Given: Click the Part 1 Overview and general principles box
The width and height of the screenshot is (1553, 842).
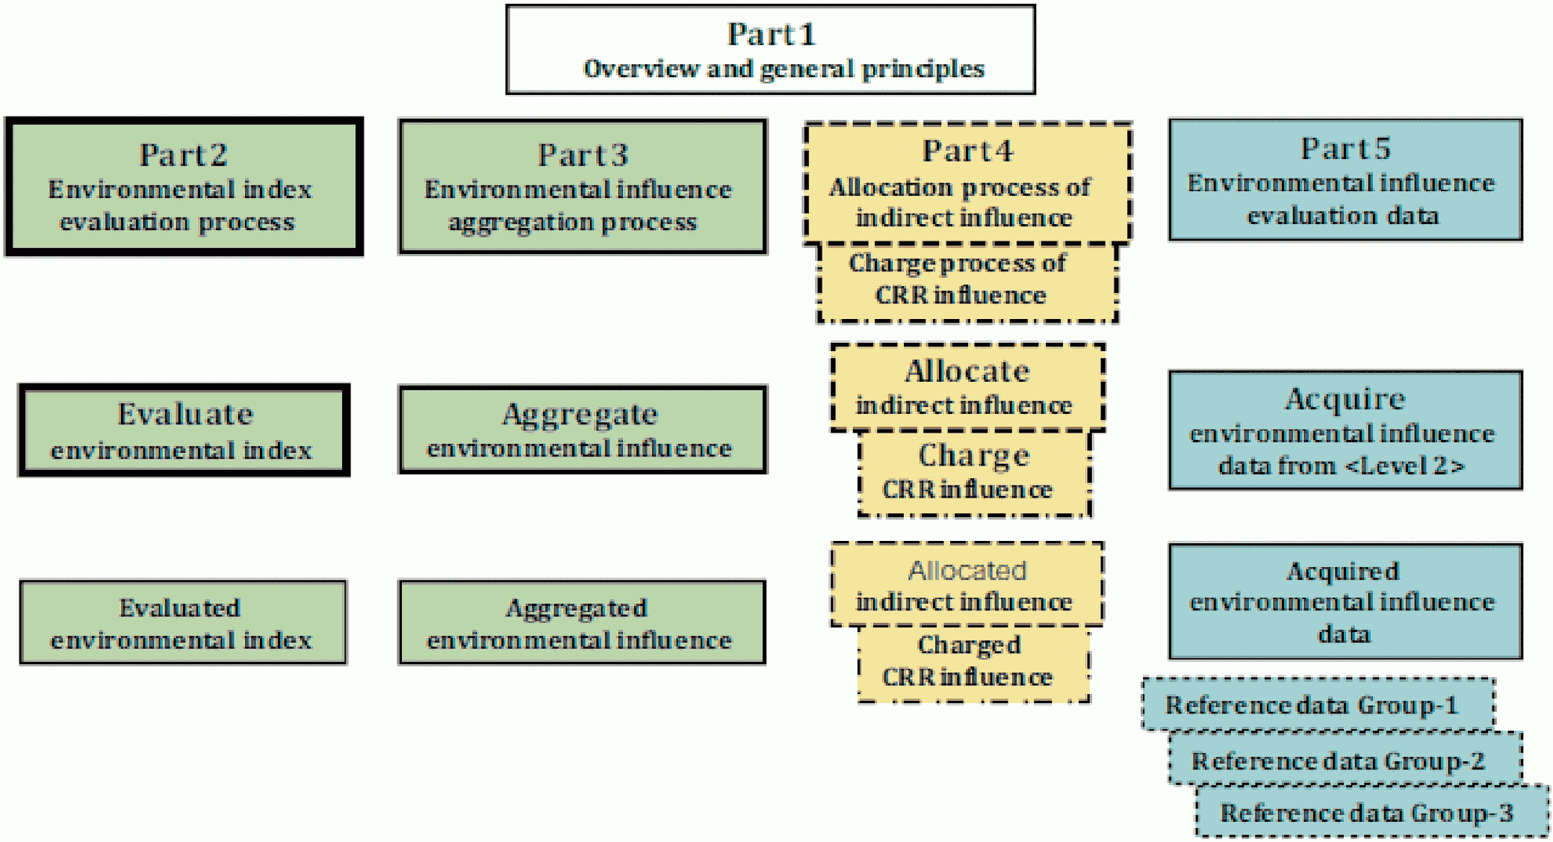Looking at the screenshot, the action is pyautogui.click(x=770, y=49).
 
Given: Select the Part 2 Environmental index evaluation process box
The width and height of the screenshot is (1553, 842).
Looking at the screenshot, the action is pyautogui.click(x=185, y=187).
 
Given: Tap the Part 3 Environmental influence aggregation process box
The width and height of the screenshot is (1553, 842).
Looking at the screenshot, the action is pyautogui.click(x=583, y=187).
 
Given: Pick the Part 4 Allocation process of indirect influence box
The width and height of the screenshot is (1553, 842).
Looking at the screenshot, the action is pyautogui.click(x=968, y=183).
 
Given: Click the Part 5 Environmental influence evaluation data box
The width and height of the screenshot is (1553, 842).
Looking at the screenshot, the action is pyautogui.click(x=1345, y=179).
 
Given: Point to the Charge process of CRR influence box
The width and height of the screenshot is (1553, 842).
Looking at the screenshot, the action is pyautogui.click(x=967, y=282).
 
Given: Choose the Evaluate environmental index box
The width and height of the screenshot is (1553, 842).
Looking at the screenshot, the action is pyautogui.click(x=185, y=430).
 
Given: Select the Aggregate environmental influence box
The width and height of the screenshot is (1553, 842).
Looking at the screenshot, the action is pyautogui.click(x=583, y=430).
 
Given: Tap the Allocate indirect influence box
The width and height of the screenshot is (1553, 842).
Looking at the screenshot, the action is pyautogui.click(x=968, y=387).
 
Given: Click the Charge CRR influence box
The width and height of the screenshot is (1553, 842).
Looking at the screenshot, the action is pyautogui.click(x=975, y=474).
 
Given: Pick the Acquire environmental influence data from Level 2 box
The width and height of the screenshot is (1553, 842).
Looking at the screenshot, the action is pyautogui.click(x=1345, y=430).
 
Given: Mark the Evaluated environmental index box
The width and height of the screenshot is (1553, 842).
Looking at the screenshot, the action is pyautogui.click(x=184, y=622).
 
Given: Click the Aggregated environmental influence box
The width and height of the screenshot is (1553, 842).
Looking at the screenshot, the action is pyautogui.click(x=583, y=622).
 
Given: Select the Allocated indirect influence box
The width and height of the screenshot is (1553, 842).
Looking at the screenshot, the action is pyautogui.click(x=967, y=584).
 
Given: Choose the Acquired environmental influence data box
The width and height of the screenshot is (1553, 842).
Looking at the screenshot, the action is pyautogui.click(x=1345, y=601).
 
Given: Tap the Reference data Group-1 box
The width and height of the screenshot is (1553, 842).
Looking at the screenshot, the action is pyautogui.click(x=1318, y=705).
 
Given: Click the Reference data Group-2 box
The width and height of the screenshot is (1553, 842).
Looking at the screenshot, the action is pyautogui.click(x=1345, y=758).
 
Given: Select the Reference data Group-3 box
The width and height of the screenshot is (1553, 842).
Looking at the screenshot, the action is pyautogui.click(x=1373, y=811).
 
